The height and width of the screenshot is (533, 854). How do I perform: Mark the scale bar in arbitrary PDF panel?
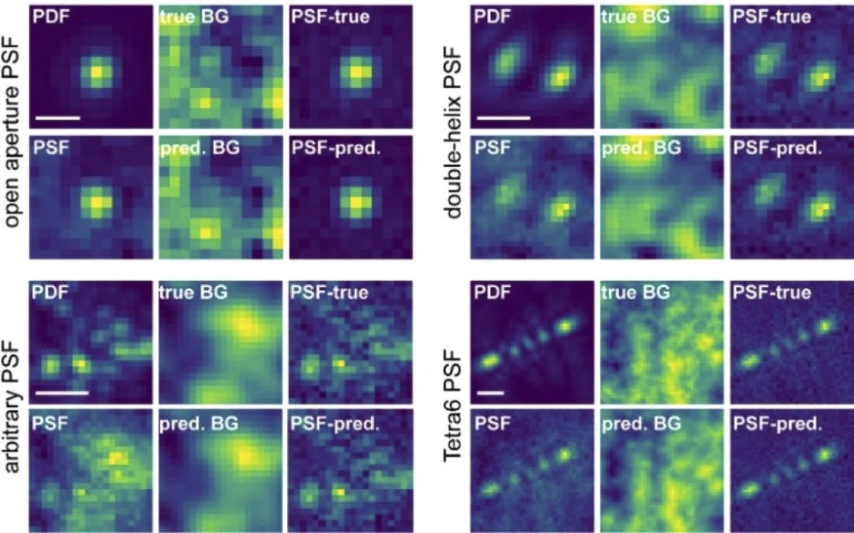pos(61,391)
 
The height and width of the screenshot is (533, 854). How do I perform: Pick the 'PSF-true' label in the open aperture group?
pos(330,16)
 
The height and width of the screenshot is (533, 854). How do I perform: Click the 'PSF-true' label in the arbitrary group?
pos(330,291)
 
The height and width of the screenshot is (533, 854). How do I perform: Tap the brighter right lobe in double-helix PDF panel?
pos(561,76)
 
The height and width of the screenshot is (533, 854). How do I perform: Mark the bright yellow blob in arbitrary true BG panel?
pos(246,326)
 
